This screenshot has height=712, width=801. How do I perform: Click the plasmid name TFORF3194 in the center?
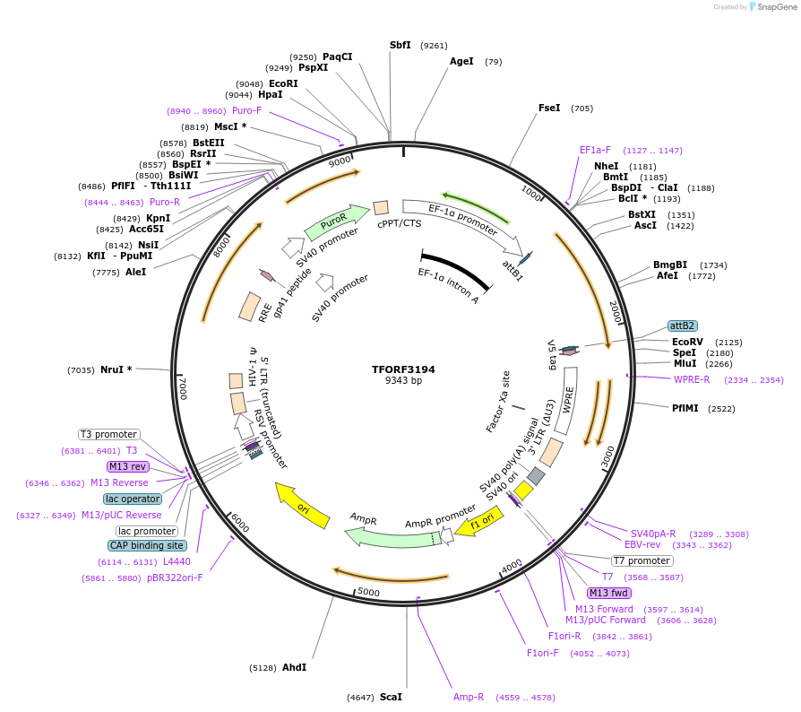403,369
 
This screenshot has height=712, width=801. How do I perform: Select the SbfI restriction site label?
400,45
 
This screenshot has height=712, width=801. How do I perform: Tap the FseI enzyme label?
549,108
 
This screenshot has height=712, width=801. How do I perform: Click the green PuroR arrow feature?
337,220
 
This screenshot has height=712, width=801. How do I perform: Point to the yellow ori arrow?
300,505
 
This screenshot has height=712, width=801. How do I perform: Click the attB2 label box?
683,326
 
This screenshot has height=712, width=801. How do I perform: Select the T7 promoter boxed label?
642,560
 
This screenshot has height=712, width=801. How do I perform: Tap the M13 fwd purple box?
609,593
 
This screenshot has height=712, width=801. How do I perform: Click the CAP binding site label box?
148,545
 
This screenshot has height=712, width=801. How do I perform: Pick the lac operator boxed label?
133,499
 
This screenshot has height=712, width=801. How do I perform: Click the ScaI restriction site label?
391,697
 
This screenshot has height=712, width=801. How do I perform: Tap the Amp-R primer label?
469,697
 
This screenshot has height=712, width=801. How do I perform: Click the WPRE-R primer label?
692,379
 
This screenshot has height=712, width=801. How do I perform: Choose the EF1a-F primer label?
595,150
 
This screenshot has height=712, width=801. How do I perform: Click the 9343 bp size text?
403,381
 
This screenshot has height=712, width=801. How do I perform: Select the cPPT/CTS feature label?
399,223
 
